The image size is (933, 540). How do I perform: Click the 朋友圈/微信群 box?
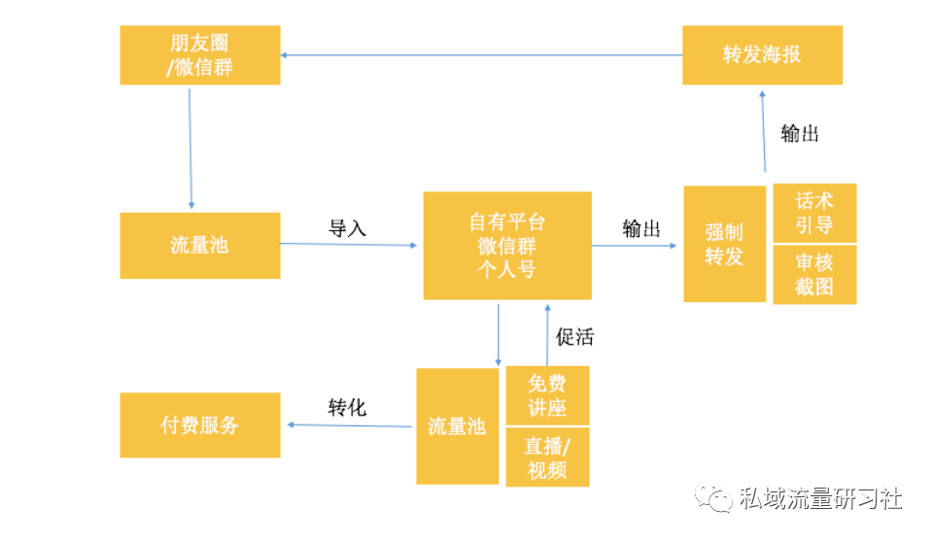point(200,54)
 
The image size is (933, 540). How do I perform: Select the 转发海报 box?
point(762,54)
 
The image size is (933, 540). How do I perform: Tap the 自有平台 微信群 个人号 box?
point(507,246)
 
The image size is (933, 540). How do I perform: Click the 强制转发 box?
point(725,244)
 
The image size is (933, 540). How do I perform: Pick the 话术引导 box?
point(814,213)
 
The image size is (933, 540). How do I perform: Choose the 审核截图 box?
point(814,275)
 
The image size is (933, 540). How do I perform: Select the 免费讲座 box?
point(547,395)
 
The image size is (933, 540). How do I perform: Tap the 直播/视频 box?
point(547,457)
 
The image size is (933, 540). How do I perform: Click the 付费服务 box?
point(200,424)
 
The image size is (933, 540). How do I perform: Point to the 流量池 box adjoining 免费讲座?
point(458,426)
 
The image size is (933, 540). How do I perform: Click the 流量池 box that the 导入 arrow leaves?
point(200,246)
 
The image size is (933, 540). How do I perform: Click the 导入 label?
point(348,228)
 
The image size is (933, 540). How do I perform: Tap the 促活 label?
point(574,337)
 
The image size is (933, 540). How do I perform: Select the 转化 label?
point(348,407)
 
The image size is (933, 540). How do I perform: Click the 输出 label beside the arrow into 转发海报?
point(800,133)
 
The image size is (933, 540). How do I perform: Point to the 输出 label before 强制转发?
point(641,228)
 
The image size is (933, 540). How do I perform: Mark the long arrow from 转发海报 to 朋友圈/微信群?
point(481,55)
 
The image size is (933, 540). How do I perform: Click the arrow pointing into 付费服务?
point(349,425)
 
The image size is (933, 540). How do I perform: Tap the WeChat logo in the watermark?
point(712,497)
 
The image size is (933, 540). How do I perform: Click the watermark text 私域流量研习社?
point(821,498)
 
